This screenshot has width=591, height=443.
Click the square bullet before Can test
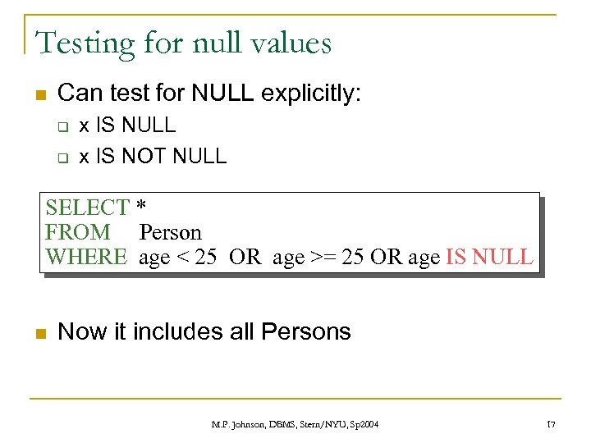[x=38, y=94]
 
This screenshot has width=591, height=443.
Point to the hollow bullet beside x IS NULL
[x=60, y=127]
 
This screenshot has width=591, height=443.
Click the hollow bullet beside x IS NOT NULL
[x=60, y=157]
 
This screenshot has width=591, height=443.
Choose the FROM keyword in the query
[x=78, y=232]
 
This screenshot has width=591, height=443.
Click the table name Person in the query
[x=170, y=233]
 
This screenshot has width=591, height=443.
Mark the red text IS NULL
[x=489, y=257]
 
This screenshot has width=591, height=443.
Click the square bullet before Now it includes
[x=38, y=333]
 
